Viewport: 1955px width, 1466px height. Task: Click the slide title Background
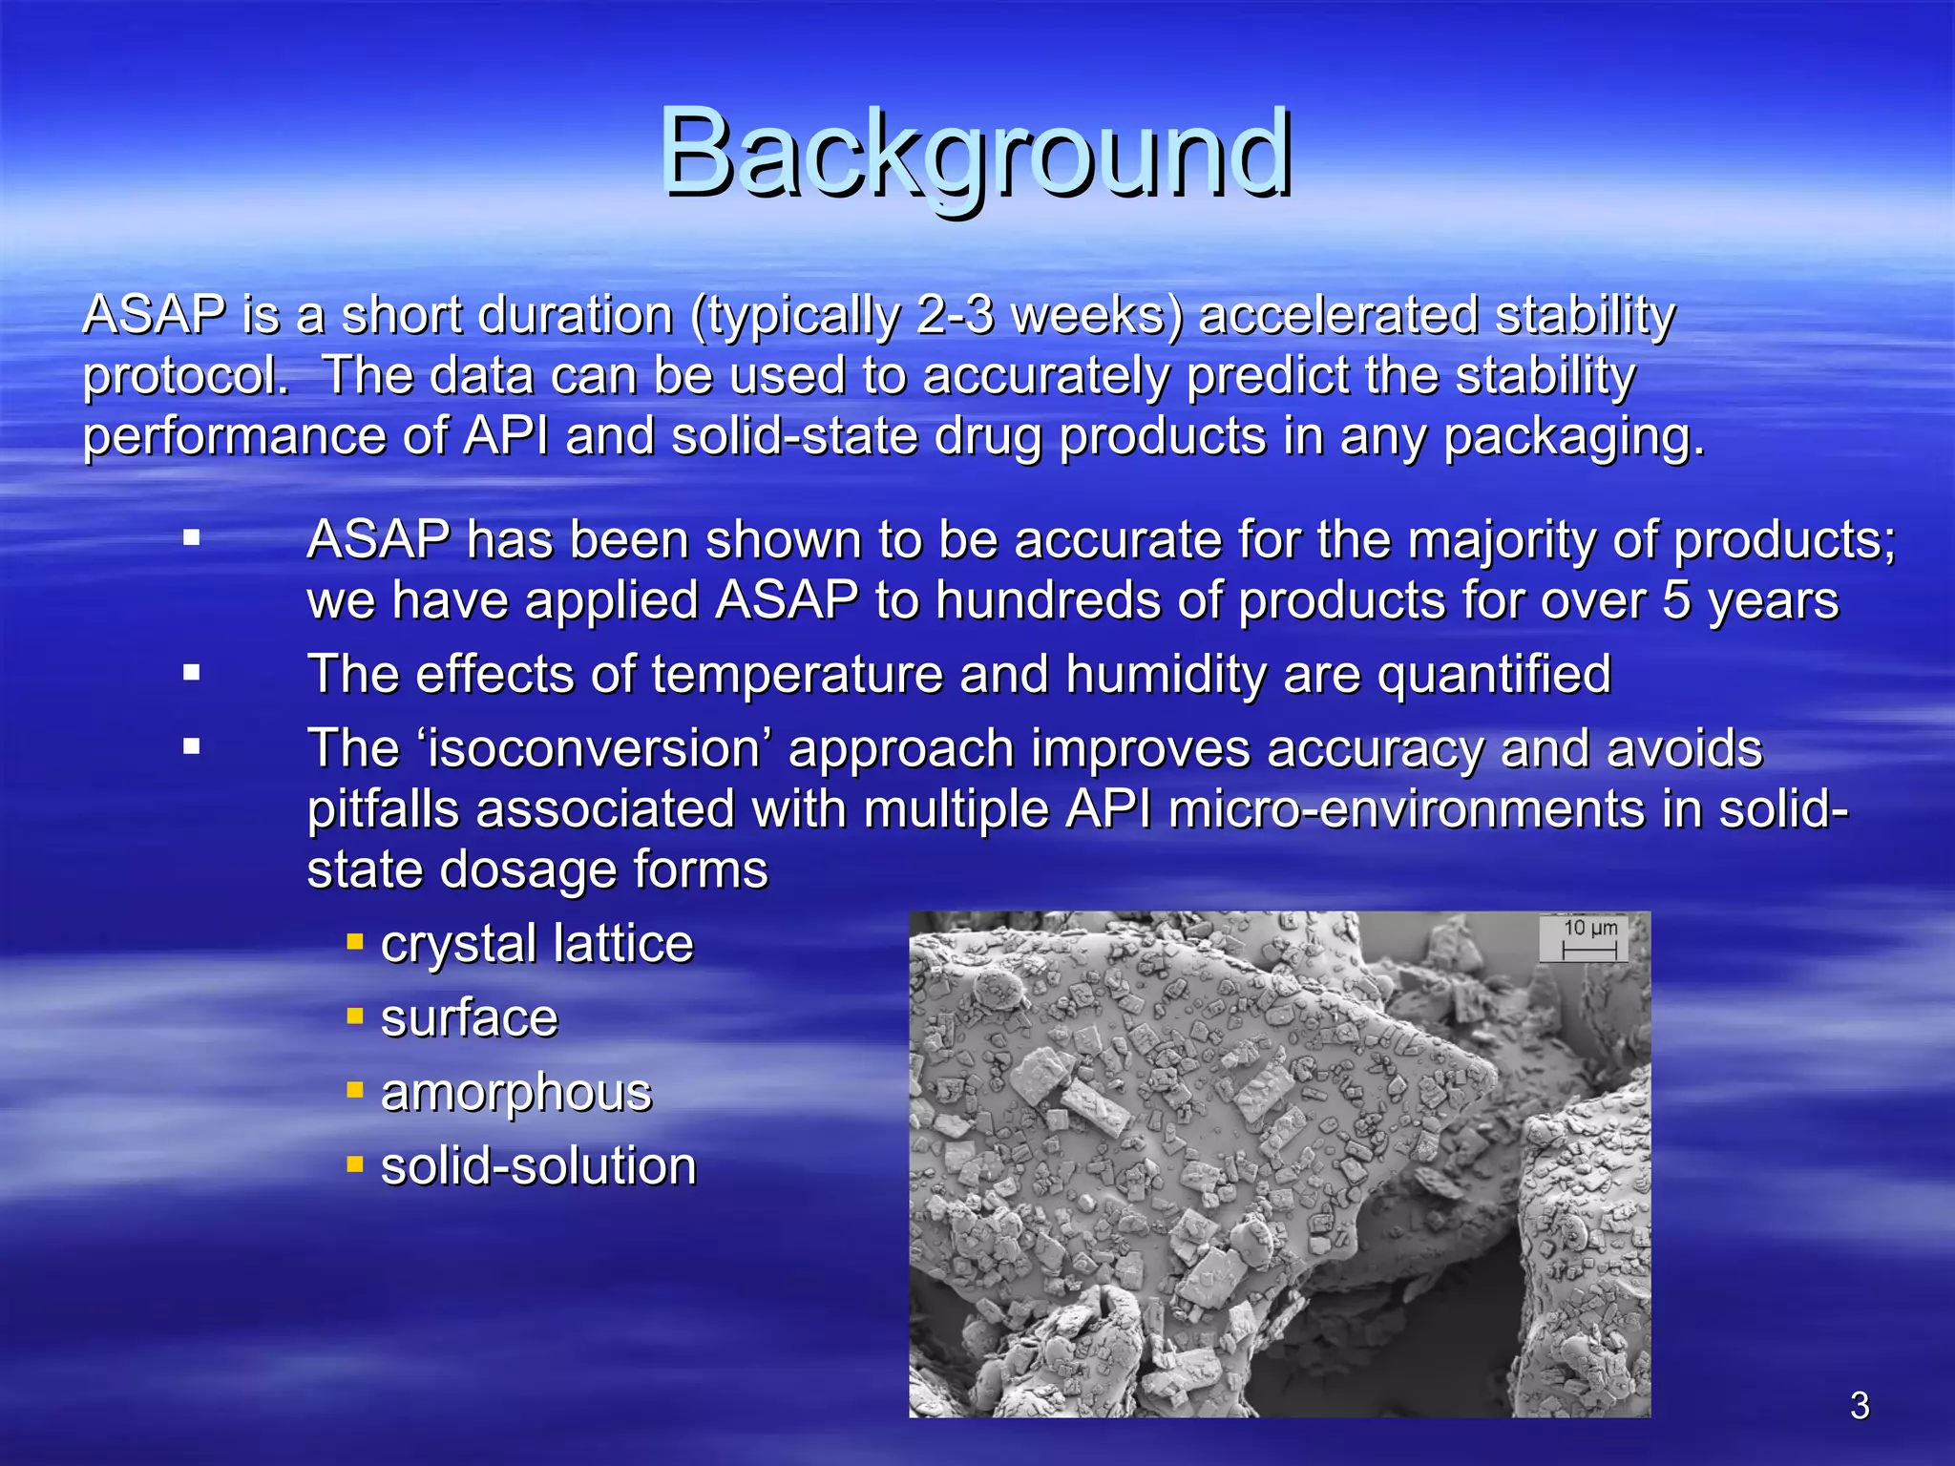point(976,155)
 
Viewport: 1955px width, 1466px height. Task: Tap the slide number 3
point(1860,1406)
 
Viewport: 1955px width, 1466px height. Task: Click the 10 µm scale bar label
point(1589,929)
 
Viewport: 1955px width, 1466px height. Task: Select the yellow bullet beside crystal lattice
point(355,943)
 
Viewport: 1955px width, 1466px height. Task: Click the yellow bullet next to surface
point(355,1016)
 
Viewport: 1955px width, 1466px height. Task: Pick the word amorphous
point(515,1093)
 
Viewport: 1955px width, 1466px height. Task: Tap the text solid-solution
point(538,1166)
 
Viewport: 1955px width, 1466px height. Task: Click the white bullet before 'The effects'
point(192,674)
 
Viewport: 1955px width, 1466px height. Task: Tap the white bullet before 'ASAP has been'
point(192,538)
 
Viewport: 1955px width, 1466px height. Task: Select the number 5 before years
point(1677,601)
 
